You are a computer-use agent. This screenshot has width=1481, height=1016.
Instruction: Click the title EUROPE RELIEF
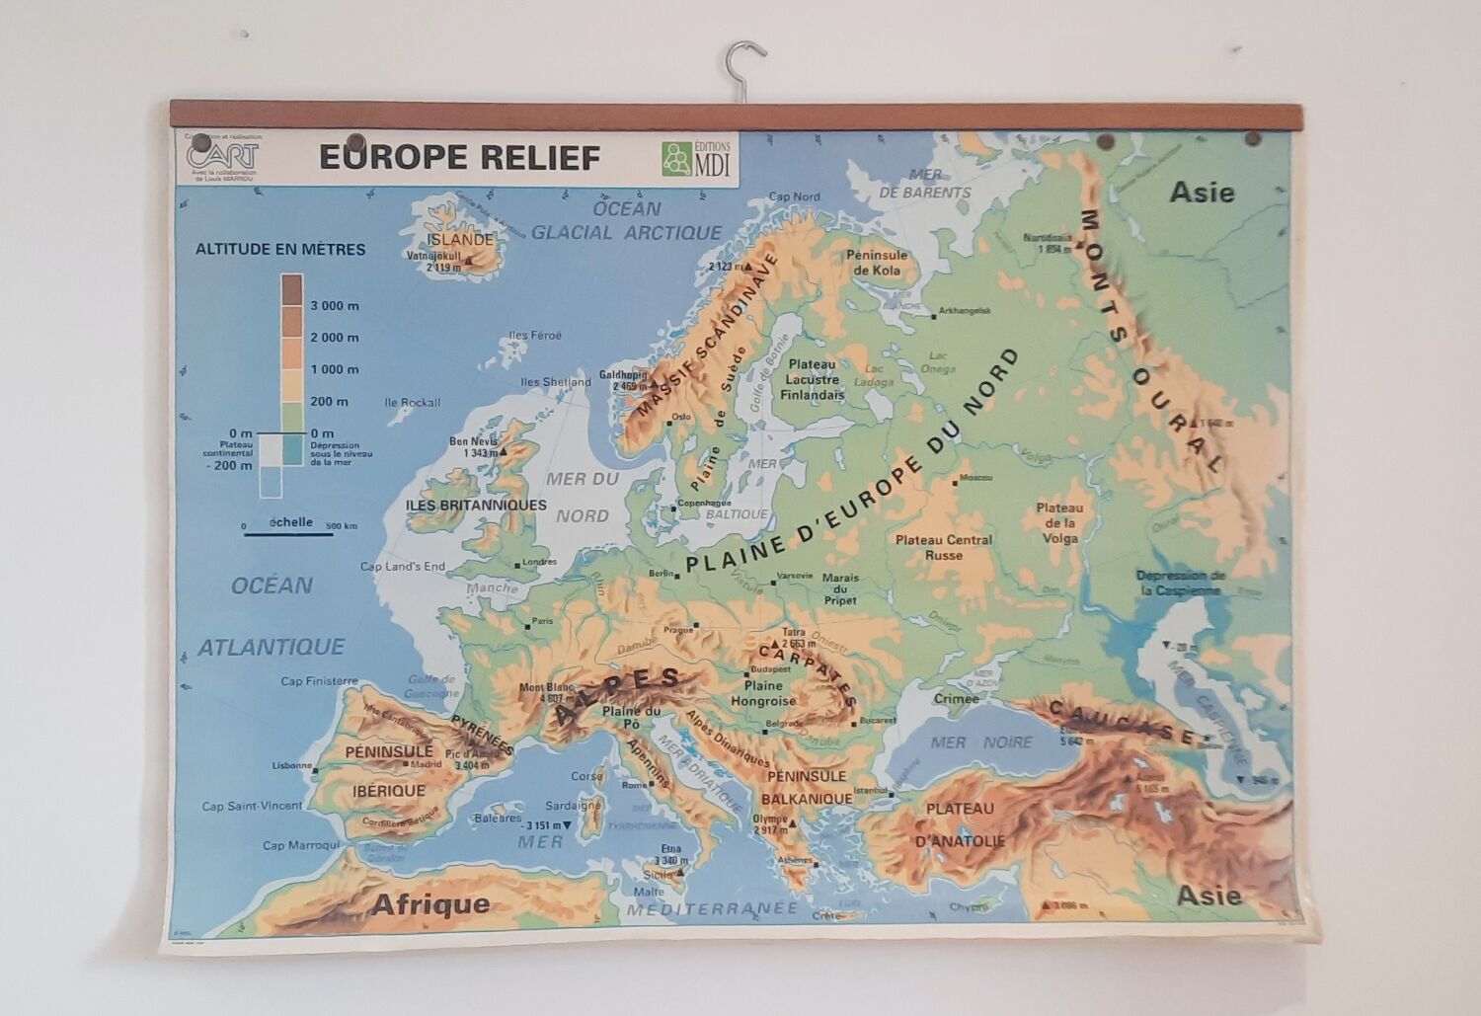(x=459, y=158)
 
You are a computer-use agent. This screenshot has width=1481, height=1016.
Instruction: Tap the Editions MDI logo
(x=697, y=158)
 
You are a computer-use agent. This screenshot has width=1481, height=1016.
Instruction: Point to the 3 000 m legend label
(x=335, y=306)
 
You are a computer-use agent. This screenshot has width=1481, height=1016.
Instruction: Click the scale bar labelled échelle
(x=289, y=533)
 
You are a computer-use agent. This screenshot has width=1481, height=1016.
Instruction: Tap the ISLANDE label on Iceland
(x=459, y=239)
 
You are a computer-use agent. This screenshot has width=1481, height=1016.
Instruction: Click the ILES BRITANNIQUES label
(x=476, y=505)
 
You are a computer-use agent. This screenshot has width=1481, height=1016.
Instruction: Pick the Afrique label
(x=430, y=904)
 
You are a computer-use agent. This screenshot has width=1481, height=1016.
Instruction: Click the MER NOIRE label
(x=981, y=742)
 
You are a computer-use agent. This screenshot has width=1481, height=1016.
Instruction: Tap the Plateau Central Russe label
(x=943, y=547)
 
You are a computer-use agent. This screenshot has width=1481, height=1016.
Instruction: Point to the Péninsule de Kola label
(x=876, y=263)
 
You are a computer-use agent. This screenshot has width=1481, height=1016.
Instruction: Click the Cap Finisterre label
(x=319, y=681)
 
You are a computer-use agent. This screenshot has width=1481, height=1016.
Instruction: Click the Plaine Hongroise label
(x=763, y=693)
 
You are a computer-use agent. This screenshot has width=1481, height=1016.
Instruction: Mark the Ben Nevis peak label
(x=476, y=446)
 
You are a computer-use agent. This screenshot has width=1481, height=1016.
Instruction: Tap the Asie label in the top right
(x=1202, y=192)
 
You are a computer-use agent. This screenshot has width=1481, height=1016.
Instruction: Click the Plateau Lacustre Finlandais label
(x=813, y=379)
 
